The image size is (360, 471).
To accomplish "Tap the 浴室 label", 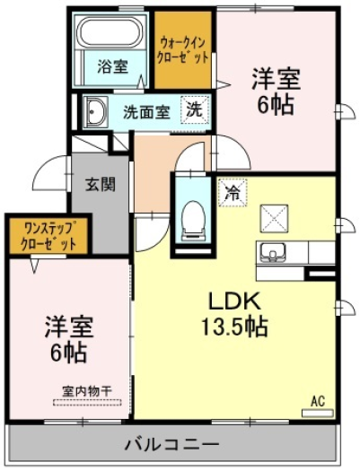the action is (112, 66).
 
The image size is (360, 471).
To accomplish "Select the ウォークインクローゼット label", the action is (183, 50).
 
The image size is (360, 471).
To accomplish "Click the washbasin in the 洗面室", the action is (95, 113).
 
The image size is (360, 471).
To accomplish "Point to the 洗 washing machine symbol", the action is (195, 110).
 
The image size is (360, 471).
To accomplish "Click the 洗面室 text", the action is (147, 112).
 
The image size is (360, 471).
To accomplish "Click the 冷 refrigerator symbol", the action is (233, 193).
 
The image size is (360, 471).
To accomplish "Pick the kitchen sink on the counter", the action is (273, 253).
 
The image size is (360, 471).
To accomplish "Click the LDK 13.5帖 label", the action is (234, 314).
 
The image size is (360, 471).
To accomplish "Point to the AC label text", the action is (318, 401).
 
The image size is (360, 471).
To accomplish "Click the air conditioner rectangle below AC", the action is (318, 413).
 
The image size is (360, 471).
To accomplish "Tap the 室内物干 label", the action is (87, 391).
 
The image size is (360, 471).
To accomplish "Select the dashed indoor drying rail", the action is (87, 403).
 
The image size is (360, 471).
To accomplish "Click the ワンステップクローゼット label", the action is (48, 237).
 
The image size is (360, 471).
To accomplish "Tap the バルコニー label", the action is (171, 444).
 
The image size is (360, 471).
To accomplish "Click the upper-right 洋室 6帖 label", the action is (277, 92).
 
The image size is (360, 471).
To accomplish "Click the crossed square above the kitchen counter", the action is (274, 218).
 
